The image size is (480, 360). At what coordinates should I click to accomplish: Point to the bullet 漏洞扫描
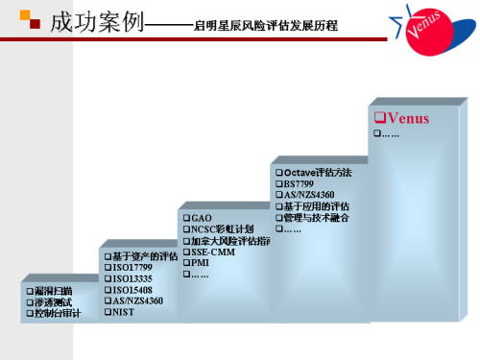tap(55, 290)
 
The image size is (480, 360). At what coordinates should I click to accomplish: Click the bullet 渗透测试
tap(55, 301)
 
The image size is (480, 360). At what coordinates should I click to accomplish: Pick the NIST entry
tap(124, 312)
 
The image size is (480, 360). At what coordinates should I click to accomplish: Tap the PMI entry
tap(200, 262)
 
